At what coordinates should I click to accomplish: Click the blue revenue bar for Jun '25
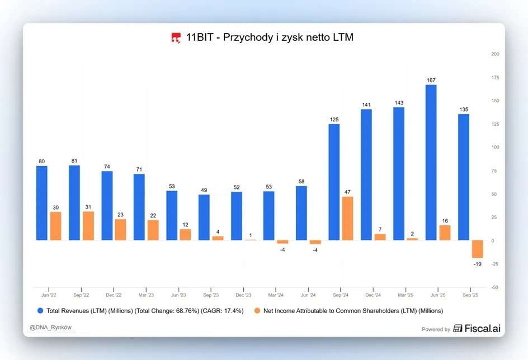(x=431, y=163)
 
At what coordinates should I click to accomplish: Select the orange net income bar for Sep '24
(x=347, y=219)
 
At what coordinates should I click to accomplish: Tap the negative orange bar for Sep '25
(x=478, y=249)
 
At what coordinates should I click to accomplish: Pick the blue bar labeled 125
(x=334, y=182)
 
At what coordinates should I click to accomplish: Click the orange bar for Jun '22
(x=55, y=226)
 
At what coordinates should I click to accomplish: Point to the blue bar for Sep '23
(x=204, y=217)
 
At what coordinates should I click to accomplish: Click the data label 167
(x=431, y=80)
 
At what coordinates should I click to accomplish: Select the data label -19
(x=478, y=264)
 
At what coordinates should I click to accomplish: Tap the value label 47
(x=347, y=192)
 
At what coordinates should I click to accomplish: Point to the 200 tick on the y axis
(x=495, y=54)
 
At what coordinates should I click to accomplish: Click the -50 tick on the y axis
(x=494, y=287)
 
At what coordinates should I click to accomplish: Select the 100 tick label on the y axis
(x=495, y=147)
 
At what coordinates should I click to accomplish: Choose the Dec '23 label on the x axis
(x=243, y=295)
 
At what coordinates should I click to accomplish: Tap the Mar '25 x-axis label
(x=406, y=295)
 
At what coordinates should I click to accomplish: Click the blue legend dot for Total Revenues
(x=40, y=311)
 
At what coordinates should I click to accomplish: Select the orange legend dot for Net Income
(x=257, y=311)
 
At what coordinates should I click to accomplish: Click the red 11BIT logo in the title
(x=176, y=38)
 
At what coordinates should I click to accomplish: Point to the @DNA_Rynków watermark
(x=50, y=328)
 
